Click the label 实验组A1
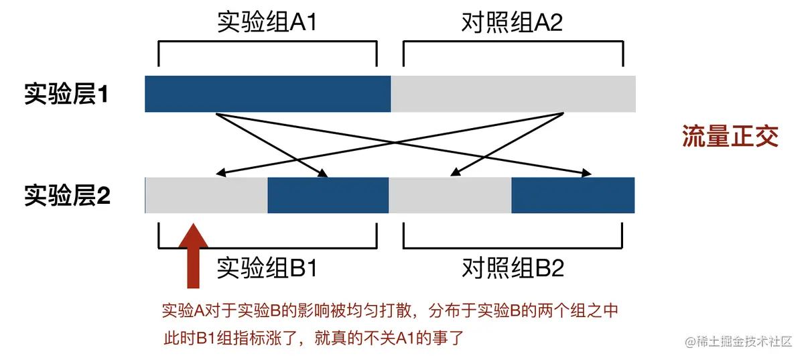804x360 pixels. click(x=267, y=23)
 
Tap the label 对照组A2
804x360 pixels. click(x=512, y=23)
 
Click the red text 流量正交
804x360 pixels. click(x=730, y=136)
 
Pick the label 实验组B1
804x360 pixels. click(x=267, y=269)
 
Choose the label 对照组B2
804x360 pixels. click(x=512, y=269)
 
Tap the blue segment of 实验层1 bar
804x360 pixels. click(x=267, y=94)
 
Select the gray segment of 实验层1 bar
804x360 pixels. click(x=513, y=94)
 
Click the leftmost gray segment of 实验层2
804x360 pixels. click(x=206, y=195)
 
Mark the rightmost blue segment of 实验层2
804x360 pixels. click(x=573, y=195)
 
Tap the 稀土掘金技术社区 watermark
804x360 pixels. click(x=740, y=341)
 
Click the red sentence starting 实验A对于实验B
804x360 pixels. click(x=389, y=310)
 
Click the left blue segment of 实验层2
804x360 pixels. click(x=328, y=195)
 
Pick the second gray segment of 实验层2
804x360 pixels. click(x=450, y=195)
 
